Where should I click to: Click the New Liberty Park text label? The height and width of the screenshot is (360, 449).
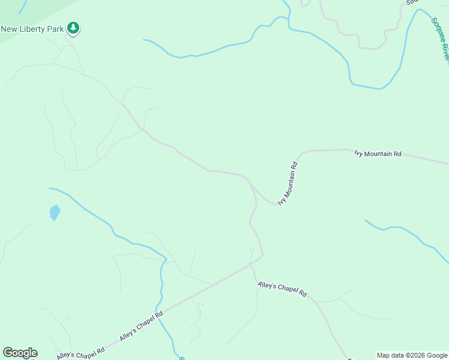(x=32, y=28)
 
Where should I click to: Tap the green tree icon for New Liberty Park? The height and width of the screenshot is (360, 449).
(x=73, y=28)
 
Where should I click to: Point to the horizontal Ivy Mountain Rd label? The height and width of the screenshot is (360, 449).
(x=378, y=154)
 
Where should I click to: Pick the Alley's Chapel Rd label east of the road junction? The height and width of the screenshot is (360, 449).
(x=282, y=289)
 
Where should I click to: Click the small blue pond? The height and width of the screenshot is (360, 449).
(x=55, y=212)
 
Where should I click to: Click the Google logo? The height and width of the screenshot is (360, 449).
(x=20, y=353)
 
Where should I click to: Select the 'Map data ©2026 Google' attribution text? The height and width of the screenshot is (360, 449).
(x=412, y=355)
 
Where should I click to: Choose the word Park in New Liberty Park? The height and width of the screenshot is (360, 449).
(x=56, y=28)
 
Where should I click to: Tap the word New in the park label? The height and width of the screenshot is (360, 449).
(x=9, y=28)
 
